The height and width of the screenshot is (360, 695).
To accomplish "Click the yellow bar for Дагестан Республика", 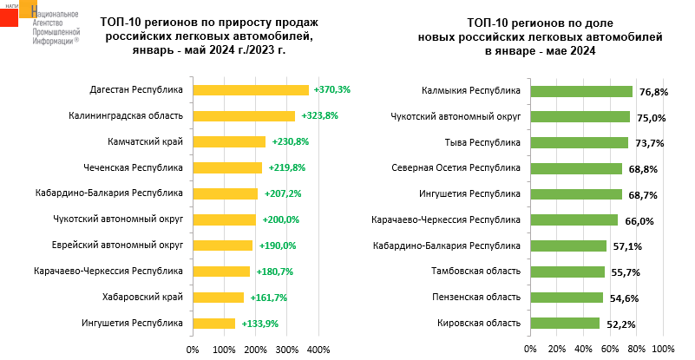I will click(x=251, y=89).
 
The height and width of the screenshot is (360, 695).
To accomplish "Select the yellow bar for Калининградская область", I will click(x=244, y=115).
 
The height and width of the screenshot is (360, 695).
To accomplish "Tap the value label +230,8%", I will click(x=291, y=141).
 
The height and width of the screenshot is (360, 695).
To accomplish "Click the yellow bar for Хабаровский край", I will click(x=218, y=298).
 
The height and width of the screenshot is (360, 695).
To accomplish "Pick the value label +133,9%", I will click(x=259, y=324).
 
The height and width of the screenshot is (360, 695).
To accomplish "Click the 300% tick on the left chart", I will click(x=287, y=350).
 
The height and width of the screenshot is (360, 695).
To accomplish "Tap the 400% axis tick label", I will click(x=318, y=350).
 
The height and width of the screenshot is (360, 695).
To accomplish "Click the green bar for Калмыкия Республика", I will click(x=581, y=90).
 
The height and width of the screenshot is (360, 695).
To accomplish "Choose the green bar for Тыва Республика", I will click(x=579, y=142).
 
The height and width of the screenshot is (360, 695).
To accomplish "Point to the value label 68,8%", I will click(x=640, y=169).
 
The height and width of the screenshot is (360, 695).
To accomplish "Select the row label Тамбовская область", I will click(x=476, y=272).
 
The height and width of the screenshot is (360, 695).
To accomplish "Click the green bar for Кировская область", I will click(x=565, y=324).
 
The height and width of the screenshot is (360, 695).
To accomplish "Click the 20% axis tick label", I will click(x=556, y=350).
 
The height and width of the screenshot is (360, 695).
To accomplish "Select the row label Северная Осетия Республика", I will click(x=456, y=167).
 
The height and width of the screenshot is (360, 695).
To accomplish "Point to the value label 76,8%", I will click(x=652, y=91).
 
